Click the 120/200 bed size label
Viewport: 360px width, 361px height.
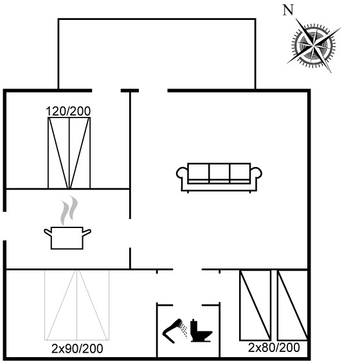coord(68,111)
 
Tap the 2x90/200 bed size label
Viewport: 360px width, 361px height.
coord(77,349)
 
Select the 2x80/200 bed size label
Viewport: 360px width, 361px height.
coord(274,348)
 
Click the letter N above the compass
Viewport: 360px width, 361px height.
coord(289,10)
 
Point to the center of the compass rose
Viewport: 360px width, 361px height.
coord(314,46)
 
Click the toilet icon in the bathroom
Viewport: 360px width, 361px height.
coord(201,331)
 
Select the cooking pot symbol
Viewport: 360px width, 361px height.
coord(67,238)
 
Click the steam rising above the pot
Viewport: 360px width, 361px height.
coord(69,211)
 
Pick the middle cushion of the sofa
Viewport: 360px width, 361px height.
coord(219,173)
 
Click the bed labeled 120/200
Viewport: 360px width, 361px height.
coord(69,153)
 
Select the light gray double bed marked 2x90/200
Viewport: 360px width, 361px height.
coord(76,305)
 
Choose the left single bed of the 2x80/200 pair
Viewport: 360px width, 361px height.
coord(255,305)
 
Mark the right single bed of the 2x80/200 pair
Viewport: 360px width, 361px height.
coord(292,305)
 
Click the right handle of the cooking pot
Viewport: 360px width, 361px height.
coord(87,233)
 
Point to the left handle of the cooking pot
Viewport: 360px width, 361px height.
coord(48,233)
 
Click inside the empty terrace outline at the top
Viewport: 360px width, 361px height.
coord(157,53)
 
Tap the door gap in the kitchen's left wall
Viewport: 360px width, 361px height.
coord(4,226)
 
